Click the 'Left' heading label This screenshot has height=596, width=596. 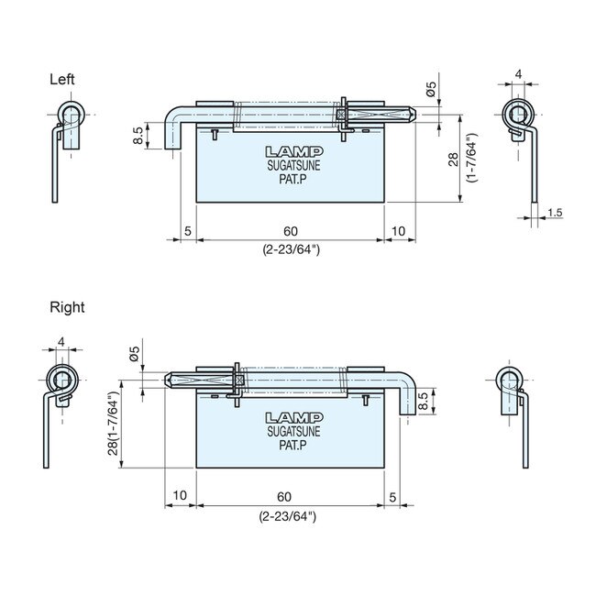61,80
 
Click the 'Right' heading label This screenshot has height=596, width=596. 66,307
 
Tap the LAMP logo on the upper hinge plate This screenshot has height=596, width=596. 291,152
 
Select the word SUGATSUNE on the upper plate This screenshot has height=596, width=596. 291,167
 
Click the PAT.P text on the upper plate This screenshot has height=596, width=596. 291,181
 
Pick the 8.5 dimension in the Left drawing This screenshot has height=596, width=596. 138,136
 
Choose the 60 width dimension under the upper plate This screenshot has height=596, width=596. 290,230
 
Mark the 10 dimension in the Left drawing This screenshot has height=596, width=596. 398,230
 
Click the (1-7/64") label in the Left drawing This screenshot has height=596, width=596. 471,159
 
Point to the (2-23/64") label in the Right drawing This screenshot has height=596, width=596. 287,516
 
